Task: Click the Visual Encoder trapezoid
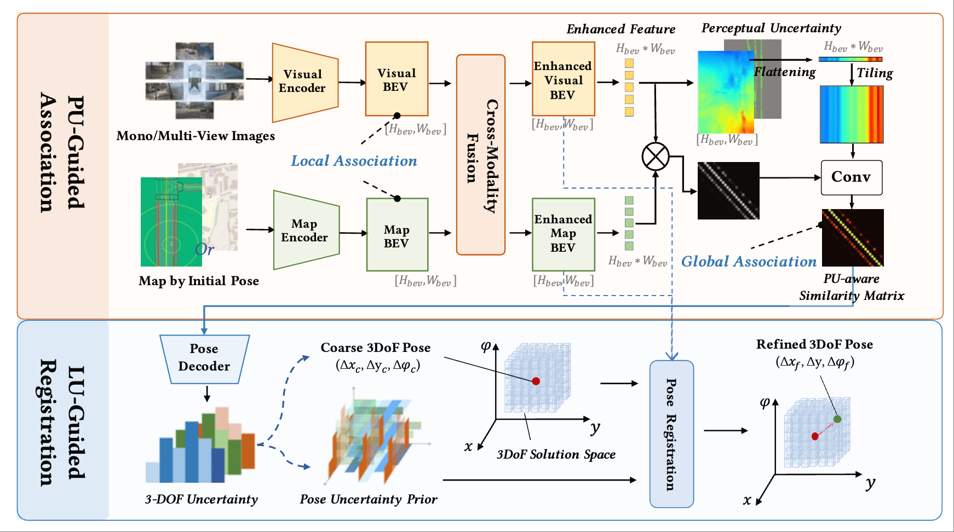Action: [x=305, y=83]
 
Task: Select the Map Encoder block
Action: [x=306, y=230]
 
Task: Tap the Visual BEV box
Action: [x=396, y=79]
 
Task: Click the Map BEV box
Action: [x=397, y=235]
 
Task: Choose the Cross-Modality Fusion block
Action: [x=481, y=155]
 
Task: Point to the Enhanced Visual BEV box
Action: [x=564, y=79]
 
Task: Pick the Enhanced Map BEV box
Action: [x=564, y=234]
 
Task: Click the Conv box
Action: [x=852, y=177]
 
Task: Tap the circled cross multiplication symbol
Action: [x=655, y=157]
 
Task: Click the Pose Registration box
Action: [x=671, y=434]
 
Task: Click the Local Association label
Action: [x=354, y=161]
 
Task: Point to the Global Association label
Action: [x=749, y=262]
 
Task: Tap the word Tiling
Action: [x=875, y=73]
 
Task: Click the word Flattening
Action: [x=785, y=72]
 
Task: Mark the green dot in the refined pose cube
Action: [x=837, y=419]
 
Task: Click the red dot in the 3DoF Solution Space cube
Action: [x=536, y=381]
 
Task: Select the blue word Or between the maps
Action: [x=204, y=250]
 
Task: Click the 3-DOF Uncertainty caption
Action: [x=201, y=499]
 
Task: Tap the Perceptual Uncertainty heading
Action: [x=771, y=28]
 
